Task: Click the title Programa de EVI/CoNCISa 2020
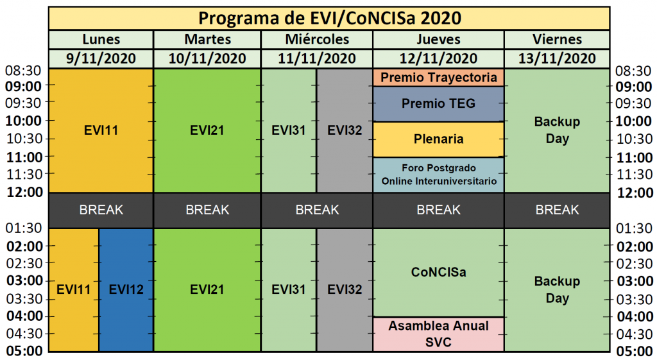point(329,19)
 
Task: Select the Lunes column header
point(101,39)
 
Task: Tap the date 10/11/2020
point(207,58)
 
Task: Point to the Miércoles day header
point(317,39)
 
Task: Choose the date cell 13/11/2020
point(557,58)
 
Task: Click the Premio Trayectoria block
point(438,78)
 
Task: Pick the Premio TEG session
point(438,104)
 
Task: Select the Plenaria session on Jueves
point(438,139)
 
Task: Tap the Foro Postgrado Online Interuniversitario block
point(438,175)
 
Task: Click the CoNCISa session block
point(438,273)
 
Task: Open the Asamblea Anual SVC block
point(438,334)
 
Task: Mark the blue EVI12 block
point(126,289)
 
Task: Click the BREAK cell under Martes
point(207,210)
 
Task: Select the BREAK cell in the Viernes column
point(557,210)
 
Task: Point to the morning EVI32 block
point(345,130)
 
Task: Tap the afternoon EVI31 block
point(288,289)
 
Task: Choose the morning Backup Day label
point(557,130)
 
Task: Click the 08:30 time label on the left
point(23,71)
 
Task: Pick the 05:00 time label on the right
point(635,351)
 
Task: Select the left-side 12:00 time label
point(24,193)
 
